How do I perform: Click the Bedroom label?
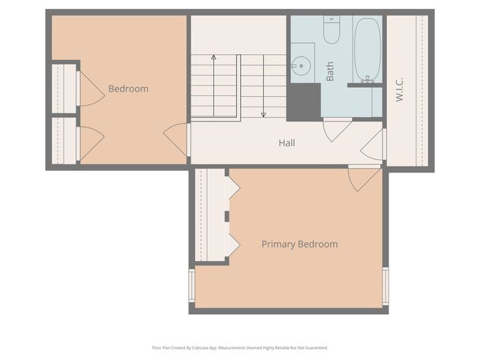128,88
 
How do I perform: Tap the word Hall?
286,142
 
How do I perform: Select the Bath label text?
330,71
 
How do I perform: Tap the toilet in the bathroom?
331,29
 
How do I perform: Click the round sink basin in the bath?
302,66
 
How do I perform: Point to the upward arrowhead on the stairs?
214,57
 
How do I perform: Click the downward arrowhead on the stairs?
263,115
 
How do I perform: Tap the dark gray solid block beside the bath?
304,100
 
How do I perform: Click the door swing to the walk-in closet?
374,144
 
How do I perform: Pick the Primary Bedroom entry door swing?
365,178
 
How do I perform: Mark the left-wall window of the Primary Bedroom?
192,285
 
